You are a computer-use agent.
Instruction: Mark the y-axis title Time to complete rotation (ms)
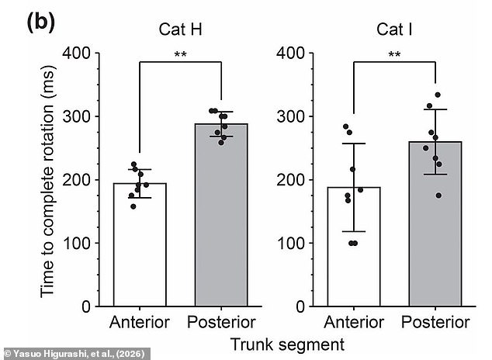point(48,180)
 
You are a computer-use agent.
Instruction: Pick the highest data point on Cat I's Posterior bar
point(438,95)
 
